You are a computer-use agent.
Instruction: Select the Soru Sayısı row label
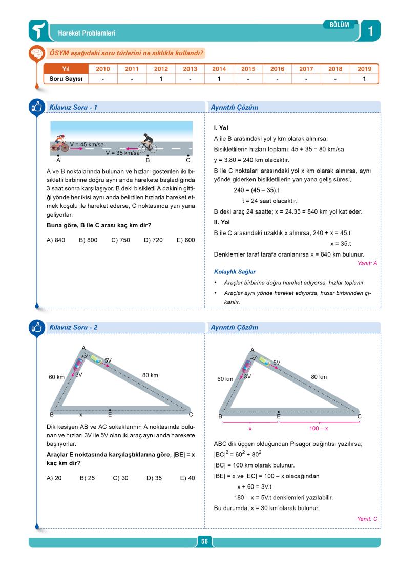coord(66,79)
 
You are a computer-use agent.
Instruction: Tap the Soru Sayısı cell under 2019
coord(364,79)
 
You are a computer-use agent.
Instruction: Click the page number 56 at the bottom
coord(204,542)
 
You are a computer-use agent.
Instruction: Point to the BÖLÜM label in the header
coord(340,25)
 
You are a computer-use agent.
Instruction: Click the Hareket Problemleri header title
coord(87,33)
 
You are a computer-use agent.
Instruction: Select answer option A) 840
coord(56,240)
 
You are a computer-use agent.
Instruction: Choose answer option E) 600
coord(185,240)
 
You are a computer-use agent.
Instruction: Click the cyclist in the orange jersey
coord(59,143)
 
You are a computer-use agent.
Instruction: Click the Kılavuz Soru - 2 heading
coord(73,327)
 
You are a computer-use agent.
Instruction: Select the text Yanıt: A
coord(367,263)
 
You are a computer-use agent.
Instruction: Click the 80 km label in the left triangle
coord(150,375)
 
